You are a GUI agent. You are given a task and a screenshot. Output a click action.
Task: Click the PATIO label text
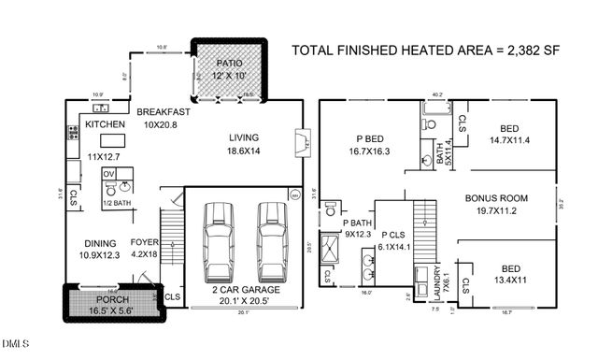229,61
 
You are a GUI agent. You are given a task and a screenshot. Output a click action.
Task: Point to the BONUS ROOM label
497,198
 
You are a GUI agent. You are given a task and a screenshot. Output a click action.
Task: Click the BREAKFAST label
164,112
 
